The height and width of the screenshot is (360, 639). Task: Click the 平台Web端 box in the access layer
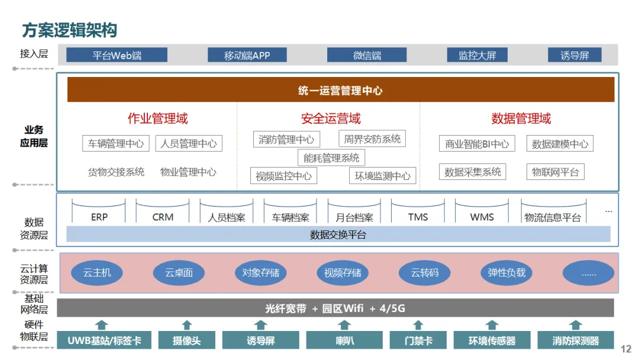tap(117, 55)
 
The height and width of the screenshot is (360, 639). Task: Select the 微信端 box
tap(367, 55)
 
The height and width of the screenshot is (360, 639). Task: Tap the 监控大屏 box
tap(477, 55)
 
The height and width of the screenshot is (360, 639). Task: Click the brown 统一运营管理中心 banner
tap(340, 90)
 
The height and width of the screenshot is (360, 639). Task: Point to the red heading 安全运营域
tap(330, 118)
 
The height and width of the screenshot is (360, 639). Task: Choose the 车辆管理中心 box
tap(116, 143)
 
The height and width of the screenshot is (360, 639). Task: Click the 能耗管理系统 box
tap(331, 157)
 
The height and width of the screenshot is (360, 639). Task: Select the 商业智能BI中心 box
tap(477, 143)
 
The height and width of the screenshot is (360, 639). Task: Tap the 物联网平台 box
tap(555, 172)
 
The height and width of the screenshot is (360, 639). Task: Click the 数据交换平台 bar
tap(338, 234)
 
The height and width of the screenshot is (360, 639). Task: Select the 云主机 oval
tap(96, 273)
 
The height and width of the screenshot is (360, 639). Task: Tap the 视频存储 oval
tap(343, 273)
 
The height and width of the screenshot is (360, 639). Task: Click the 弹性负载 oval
tap(506, 273)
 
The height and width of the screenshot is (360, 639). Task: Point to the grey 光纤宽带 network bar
tap(335, 308)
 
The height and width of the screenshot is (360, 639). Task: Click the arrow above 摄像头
tap(187, 324)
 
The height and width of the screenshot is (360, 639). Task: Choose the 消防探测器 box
tap(575, 340)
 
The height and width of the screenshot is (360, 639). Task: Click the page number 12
tap(625, 349)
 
